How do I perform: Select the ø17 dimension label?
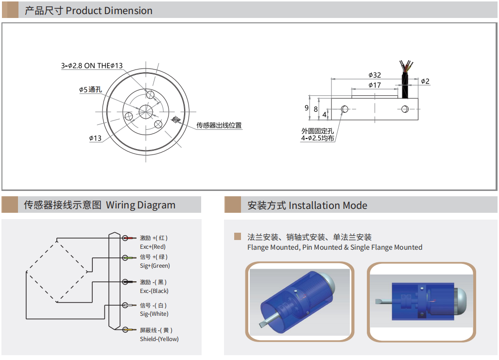point(374,85)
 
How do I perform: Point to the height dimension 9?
point(307,108)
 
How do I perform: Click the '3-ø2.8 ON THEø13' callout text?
point(92,66)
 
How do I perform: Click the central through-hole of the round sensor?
point(146,111)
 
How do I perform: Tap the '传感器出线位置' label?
point(219,125)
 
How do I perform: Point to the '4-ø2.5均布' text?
point(317,138)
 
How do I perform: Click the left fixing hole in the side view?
point(345,109)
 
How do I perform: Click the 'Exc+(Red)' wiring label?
point(153,247)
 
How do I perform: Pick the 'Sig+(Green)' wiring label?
point(155,266)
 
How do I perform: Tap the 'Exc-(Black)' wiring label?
point(154,291)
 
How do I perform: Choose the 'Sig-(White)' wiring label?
point(154,314)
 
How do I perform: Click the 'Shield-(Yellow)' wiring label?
point(159,339)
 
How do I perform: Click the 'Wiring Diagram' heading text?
point(140,205)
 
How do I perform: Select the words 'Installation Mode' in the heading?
point(328,206)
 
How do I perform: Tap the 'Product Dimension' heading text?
point(109,11)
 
